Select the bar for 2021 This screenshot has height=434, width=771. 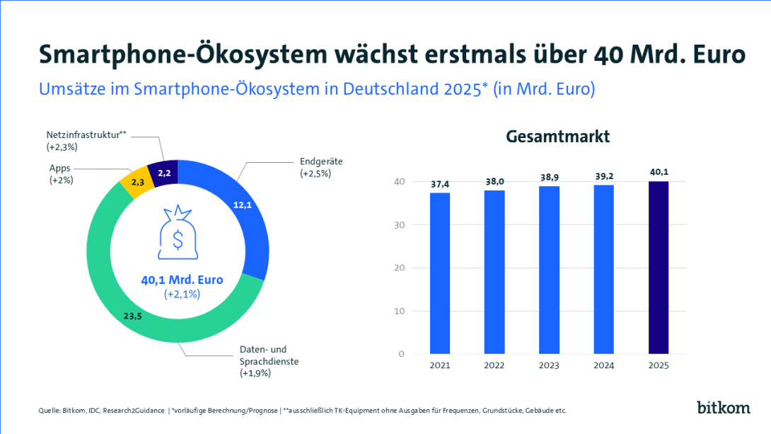[440, 273]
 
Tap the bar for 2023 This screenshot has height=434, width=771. [549, 270]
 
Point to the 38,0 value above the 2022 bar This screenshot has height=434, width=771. [494, 181]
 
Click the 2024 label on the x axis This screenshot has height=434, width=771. [603, 365]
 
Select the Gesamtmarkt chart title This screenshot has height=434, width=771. [558, 137]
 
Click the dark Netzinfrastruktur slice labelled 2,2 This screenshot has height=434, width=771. [164, 172]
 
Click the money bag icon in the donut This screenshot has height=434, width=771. [178, 232]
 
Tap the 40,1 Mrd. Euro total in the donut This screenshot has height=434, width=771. [182, 280]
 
